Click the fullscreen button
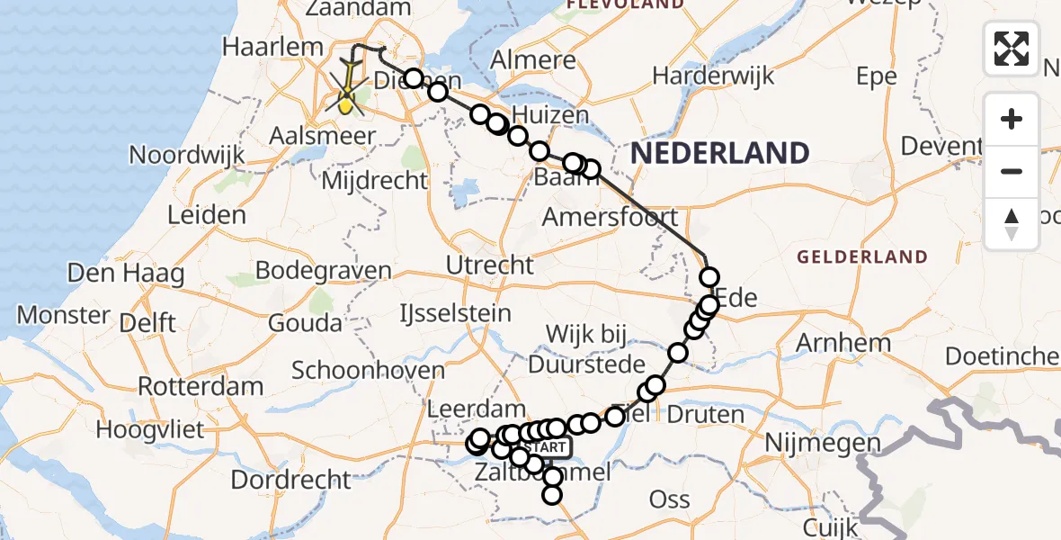coord(1012,49)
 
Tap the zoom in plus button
coord(1012,119)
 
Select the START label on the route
coord(544,447)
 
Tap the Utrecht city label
coord(489,265)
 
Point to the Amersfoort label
coord(611,217)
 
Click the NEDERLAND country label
coord(719,153)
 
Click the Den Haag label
coord(126,273)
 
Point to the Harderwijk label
coord(713,76)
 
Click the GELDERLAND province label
coord(861,257)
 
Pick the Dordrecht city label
coord(290,479)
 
